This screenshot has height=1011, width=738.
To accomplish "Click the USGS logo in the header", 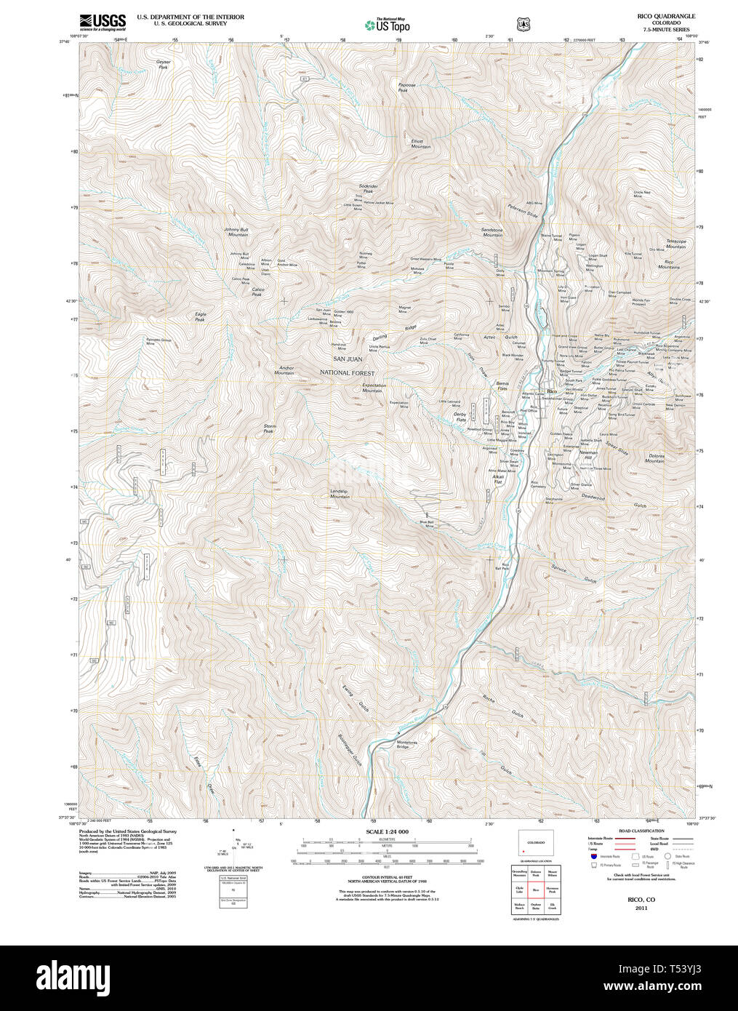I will point(102,21).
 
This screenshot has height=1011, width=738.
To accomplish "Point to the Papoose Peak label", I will point(407,87).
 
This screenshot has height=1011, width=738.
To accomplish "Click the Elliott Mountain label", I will point(420,144).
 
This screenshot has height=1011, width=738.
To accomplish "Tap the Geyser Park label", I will point(164,64).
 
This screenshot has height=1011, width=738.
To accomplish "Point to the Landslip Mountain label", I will point(340,493).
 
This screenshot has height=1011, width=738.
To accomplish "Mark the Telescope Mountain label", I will point(675,244).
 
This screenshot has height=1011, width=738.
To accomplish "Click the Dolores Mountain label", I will point(655,458).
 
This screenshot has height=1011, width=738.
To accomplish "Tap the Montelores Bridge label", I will point(406,744).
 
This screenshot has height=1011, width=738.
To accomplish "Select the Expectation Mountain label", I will point(374,388).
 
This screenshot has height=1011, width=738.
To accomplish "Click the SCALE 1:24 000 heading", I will point(387,831).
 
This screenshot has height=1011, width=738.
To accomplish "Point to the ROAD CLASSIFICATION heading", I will point(641,831).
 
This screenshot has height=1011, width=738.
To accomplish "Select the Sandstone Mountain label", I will point(492,232).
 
